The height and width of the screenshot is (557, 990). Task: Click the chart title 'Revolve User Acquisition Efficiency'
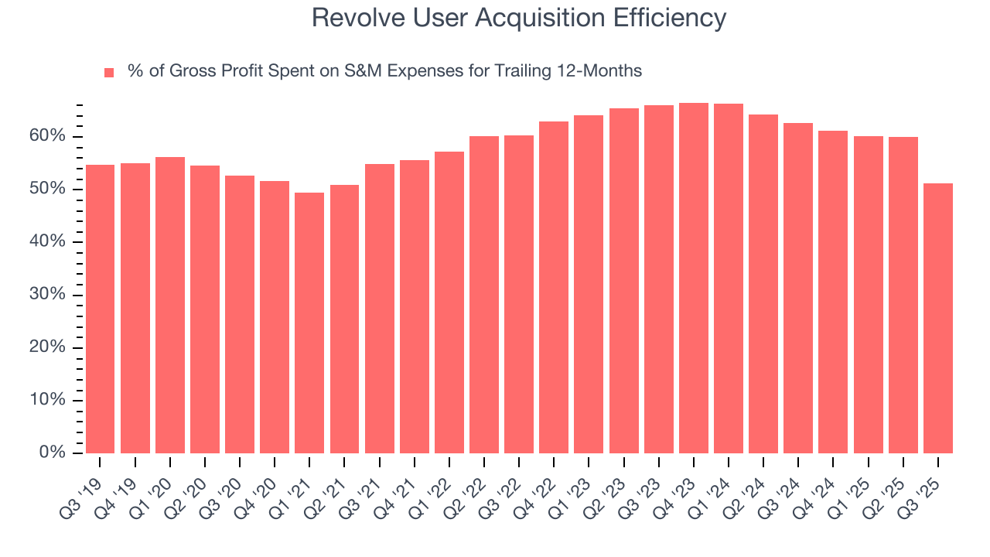(518, 18)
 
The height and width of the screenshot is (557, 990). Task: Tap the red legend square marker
(109, 72)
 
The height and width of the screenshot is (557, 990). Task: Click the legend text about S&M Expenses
(384, 71)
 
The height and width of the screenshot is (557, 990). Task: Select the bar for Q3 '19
(100, 309)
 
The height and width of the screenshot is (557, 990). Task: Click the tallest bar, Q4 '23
(693, 278)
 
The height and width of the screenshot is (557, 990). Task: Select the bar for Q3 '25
(937, 318)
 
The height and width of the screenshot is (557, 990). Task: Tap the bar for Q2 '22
(483, 295)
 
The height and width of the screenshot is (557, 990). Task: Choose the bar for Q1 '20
(170, 306)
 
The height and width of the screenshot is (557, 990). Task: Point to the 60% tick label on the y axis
(48, 137)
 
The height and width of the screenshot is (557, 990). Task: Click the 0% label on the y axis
(52, 453)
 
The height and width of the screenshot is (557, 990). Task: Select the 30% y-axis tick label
(48, 295)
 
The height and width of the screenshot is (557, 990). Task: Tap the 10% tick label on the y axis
(48, 400)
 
